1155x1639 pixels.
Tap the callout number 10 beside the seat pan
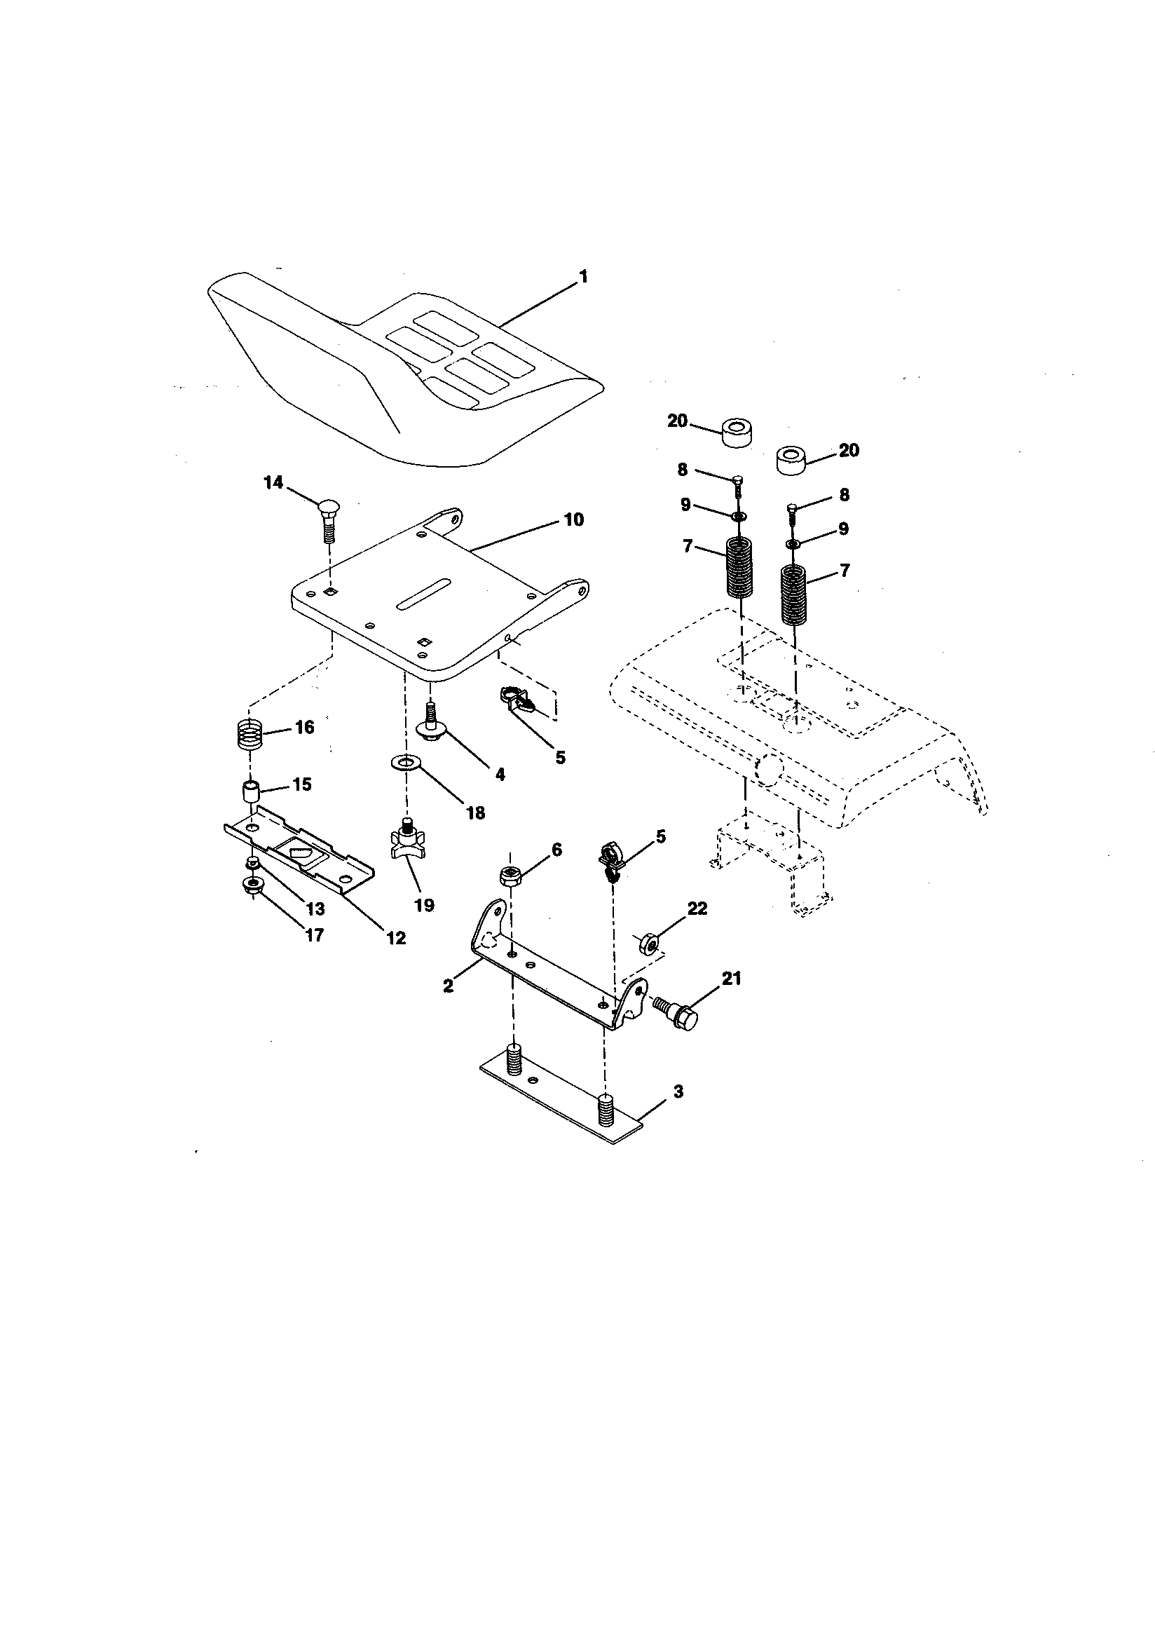tap(573, 519)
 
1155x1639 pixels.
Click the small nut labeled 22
tap(647, 943)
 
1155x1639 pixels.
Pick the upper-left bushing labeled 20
tap(735, 434)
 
